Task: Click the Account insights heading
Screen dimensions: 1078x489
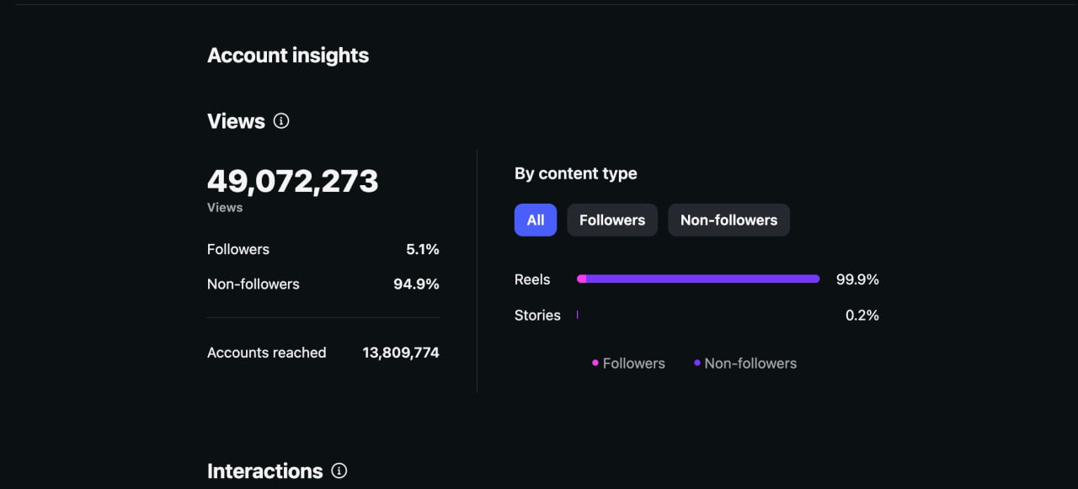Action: click(x=288, y=56)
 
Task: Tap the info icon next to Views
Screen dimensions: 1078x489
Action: click(x=281, y=120)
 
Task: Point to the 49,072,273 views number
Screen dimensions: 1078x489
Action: click(x=292, y=181)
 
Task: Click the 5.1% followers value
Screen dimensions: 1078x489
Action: click(x=422, y=249)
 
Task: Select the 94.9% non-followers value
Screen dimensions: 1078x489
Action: click(x=416, y=284)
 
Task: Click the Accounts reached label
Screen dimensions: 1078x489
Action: click(x=267, y=353)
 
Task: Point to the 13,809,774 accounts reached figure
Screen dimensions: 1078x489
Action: click(x=400, y=353)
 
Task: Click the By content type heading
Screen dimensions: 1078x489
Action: click(x=575, y=173)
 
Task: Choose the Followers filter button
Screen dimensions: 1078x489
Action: click(x=612, y=220)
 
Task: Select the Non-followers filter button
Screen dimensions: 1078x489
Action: click(x=728, y=220)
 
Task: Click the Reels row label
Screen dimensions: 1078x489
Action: click(x=531, y=279)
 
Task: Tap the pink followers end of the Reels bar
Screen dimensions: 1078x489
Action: click(x=581, y=279)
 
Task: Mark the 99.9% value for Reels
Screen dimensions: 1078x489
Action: click(x=857, y=279)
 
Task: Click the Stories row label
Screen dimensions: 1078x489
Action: click(x=537, y=315)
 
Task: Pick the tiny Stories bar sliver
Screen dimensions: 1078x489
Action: click(x=577, y=315)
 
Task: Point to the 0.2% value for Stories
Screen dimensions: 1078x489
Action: click(x=862, y=315)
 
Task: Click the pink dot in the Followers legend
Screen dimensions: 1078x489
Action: click(x=595, y=363)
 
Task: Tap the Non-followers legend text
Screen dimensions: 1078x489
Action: click(x=750, y=363)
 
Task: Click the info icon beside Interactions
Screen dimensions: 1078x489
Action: click(x=339, y=470)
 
